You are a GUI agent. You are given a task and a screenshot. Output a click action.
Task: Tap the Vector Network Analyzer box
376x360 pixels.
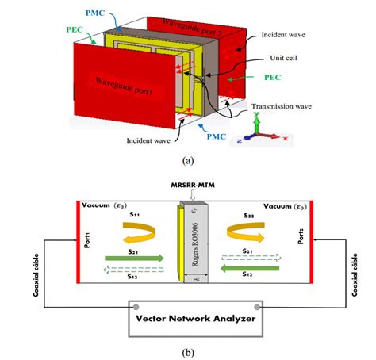(188, 319)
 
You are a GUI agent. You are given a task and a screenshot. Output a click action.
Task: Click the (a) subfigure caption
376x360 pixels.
(187, 159)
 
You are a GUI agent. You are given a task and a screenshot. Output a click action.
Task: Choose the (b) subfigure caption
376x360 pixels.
(187, 350)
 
